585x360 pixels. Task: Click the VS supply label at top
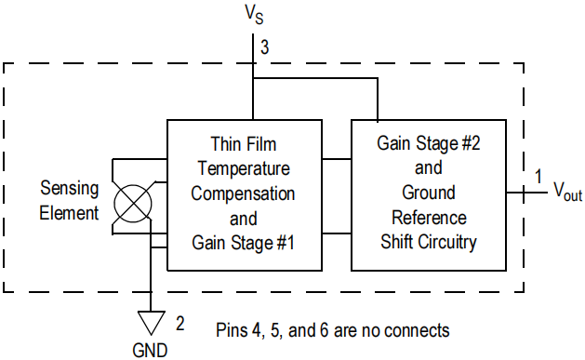tap(254, 14)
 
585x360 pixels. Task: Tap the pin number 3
tap(264, 47)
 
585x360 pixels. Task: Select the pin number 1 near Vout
tap(538, 176)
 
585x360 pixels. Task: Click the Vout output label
tap(567, 192)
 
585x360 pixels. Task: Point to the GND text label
tap(150, 351)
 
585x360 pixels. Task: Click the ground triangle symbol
tap(151, 323)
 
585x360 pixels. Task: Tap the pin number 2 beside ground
tap(180, 324)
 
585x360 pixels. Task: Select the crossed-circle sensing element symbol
tap(133, 204)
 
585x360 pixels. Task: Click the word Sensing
tap(70, 189)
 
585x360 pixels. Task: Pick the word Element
tap(69, 213)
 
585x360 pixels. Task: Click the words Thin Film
tap(244, 144)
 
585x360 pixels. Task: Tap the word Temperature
tap(244, 168)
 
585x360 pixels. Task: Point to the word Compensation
tap(243, 193)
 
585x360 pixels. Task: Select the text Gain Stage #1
tap(244, 243)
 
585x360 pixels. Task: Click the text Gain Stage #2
tap(429, 143)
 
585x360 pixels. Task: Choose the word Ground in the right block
tap(429, 193)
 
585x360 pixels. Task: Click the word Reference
tap(429, 218)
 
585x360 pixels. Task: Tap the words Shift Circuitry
tap(429, 242)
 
